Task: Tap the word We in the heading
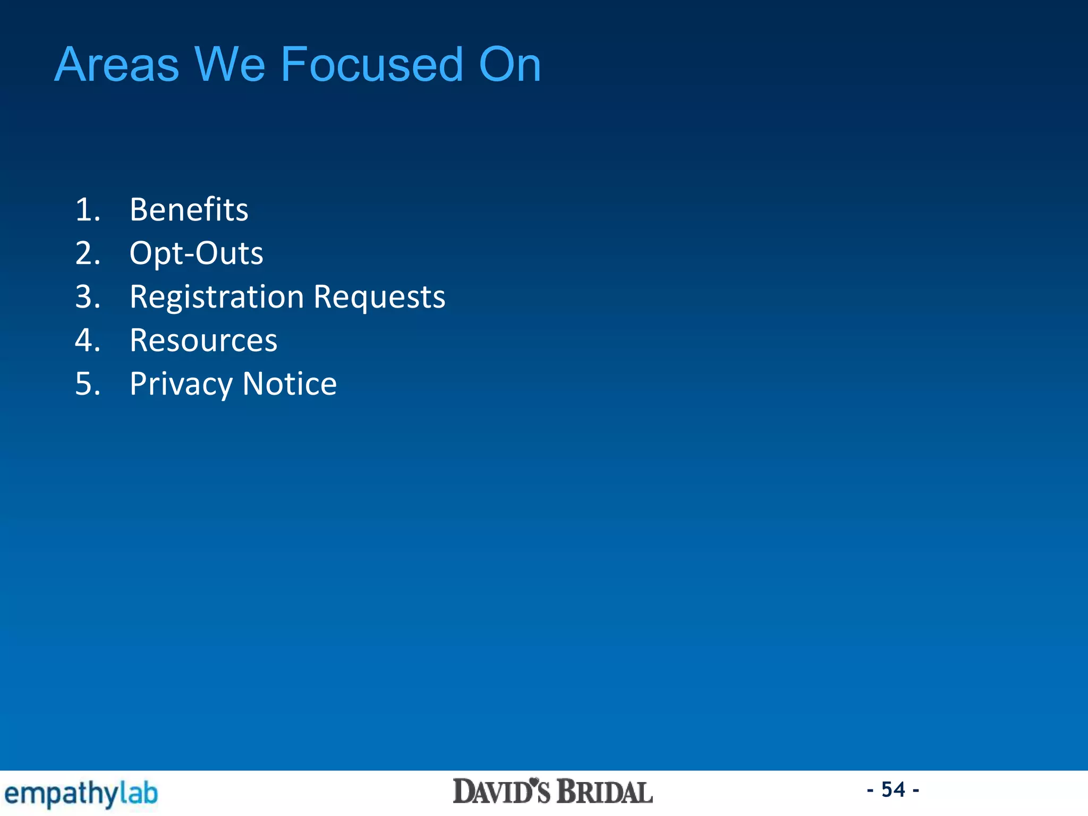229,65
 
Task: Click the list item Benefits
189,209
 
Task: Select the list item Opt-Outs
196,253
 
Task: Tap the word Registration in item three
216,296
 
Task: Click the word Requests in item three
379,296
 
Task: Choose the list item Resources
203,340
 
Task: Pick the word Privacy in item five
181,384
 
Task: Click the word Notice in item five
290,384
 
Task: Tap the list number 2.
88,253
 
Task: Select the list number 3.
88,296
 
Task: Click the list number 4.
88,340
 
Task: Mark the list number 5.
88,384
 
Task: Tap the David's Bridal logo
552,792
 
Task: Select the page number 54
893,789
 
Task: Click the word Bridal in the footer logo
605,792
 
